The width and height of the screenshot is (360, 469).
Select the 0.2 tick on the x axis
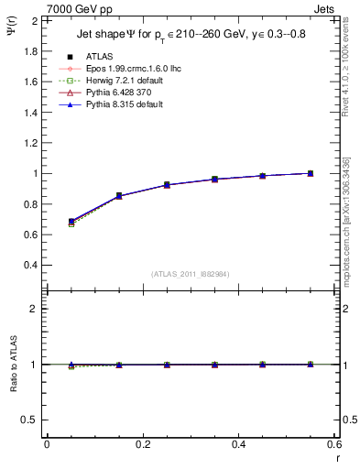142,444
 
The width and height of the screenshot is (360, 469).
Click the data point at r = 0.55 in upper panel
311,173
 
